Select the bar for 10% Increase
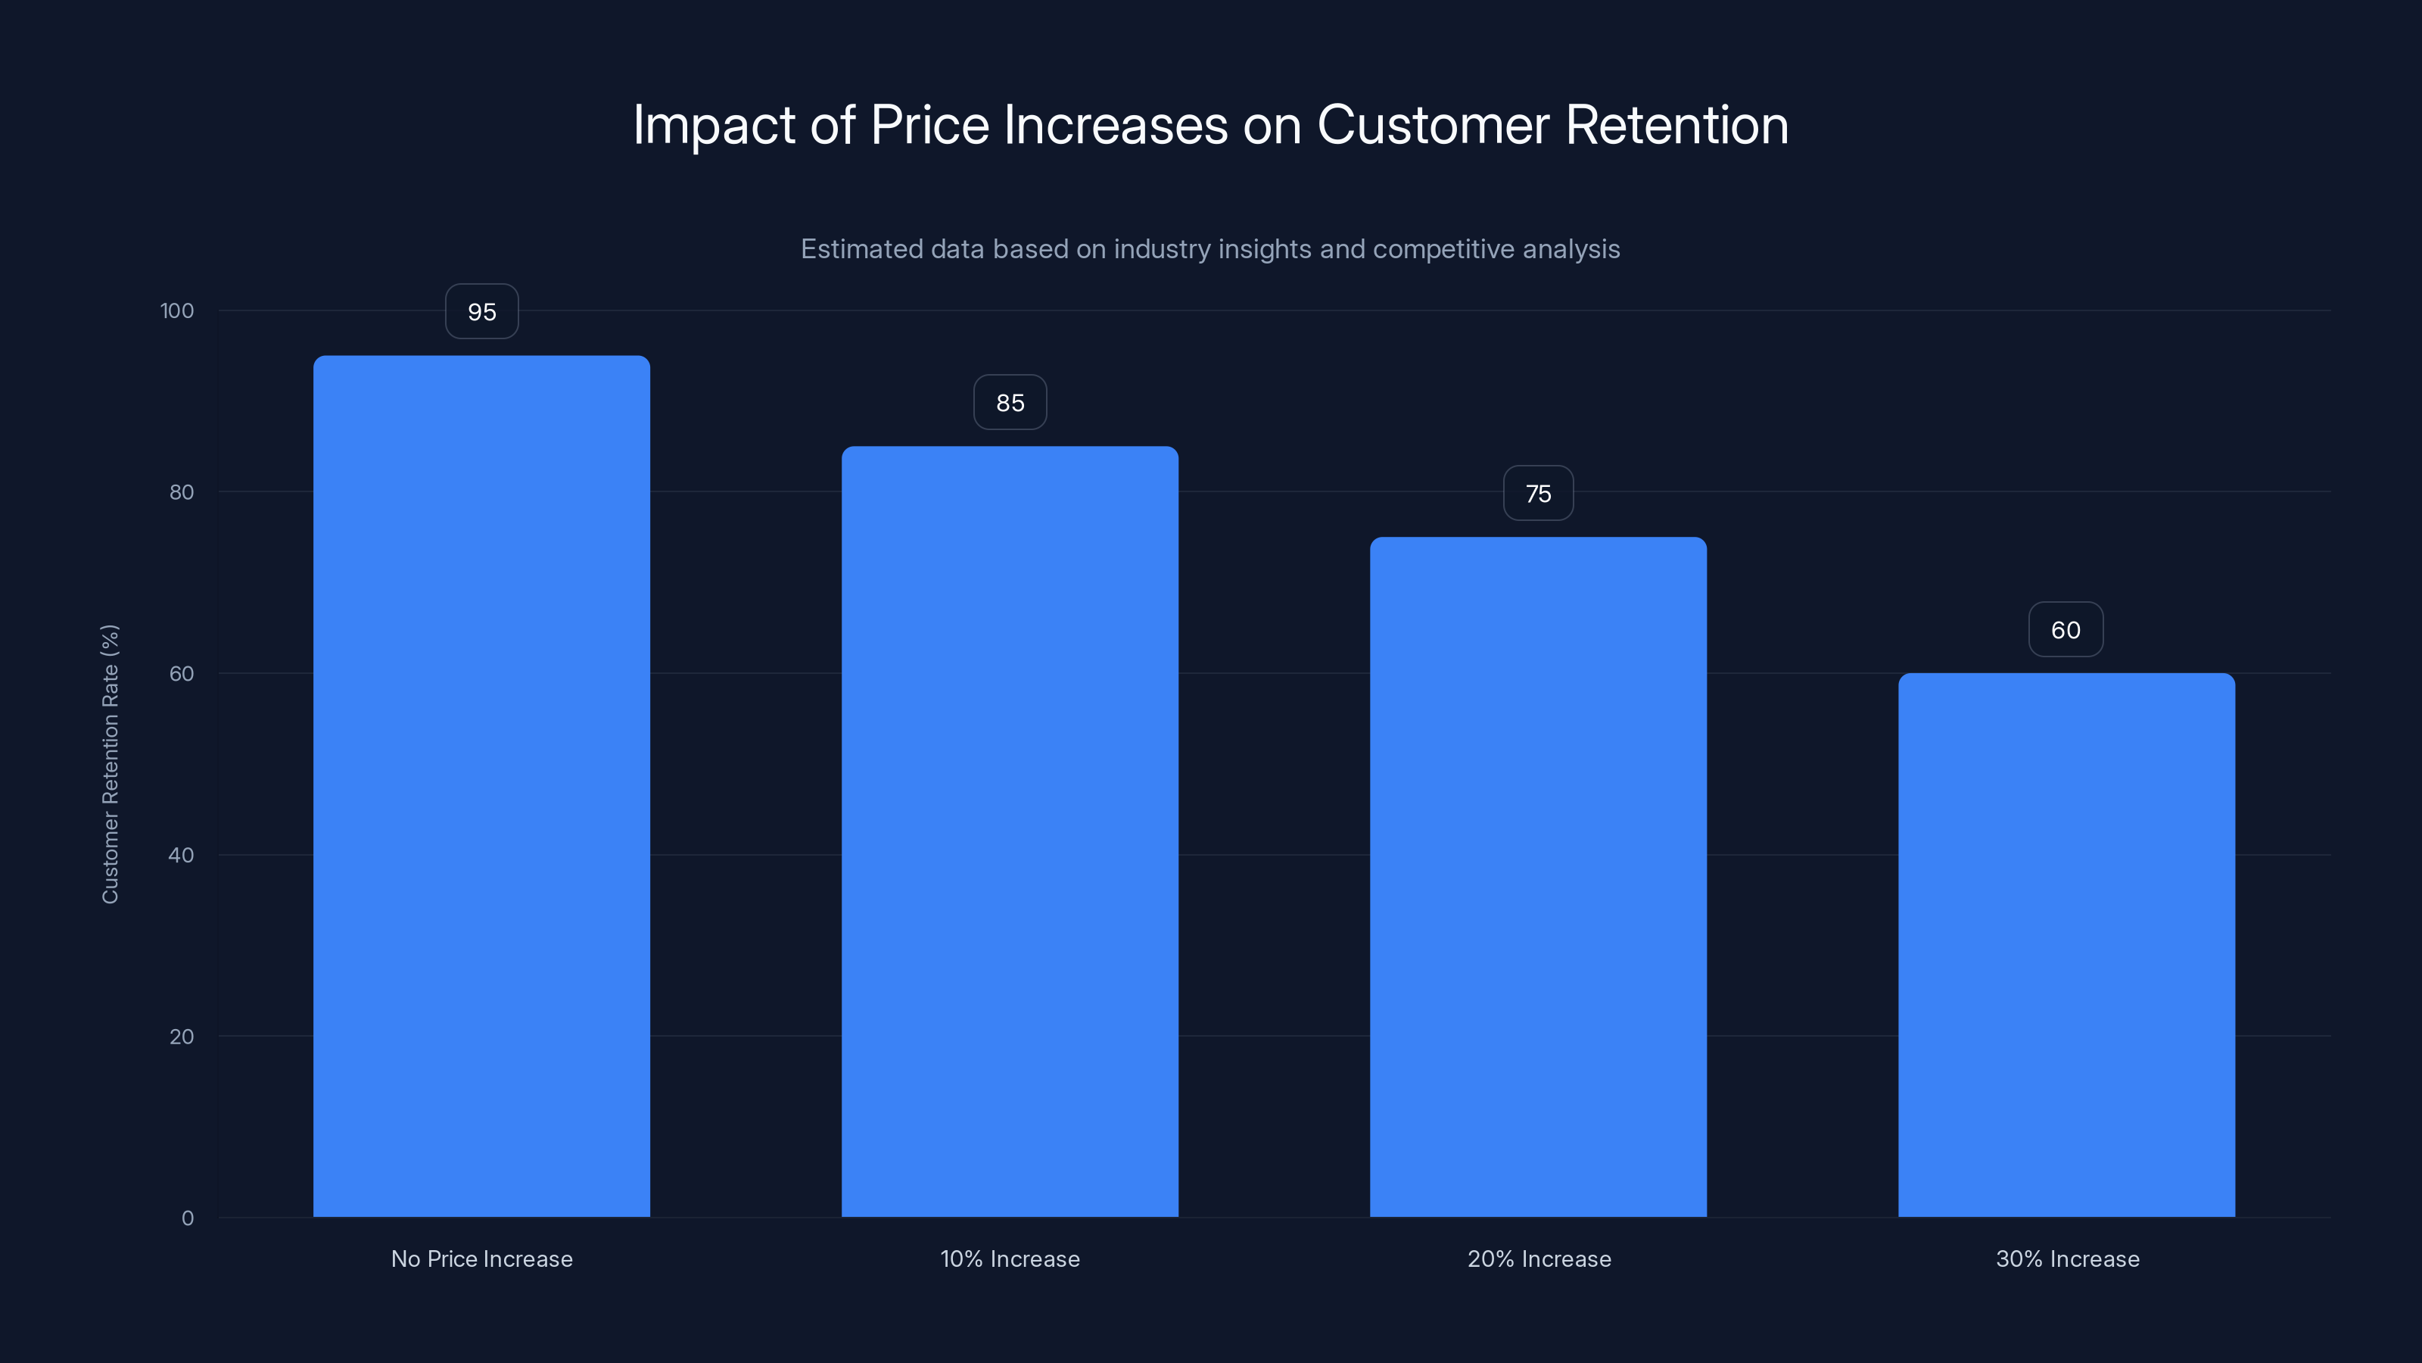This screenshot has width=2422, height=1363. pyautogui.click(x=1010, y=831)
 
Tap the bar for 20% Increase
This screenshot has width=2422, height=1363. pyautogui.click(x=1538, y=877)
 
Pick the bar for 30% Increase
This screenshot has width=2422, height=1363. pyautogui.click(x=2066, y=944)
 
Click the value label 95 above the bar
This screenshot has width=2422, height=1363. pyautogui.click(x=481, y=311)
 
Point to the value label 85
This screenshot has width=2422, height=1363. pyautogui.click(x=1010, y=403)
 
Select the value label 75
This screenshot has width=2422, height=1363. pyautogui.click(x=1538, y=494)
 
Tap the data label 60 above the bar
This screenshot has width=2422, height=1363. pyautogui.click(x=2066, y=630)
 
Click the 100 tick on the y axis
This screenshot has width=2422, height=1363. pyautogui.click(x=177, y=310)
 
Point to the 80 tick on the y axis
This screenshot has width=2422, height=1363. pyautogui.click(x=182, y=492)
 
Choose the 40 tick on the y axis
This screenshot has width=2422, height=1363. pyautogui.click(x=182, y=855)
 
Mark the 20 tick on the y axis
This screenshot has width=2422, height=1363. pyautogui.click(x=182, y=1037)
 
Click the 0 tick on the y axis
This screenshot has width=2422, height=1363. pyautogui.click(x=188, y=1218)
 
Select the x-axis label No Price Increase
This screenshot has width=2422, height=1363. pyautogui.click(x=481, y=1259)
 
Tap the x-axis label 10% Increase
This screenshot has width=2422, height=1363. pyautogui.click(x=1010, y=1259)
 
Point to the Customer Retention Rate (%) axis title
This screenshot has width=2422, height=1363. pyautogui.click(x=110, y=764)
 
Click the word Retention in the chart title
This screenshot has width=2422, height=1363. pyautogui.click(x=1676, y=125)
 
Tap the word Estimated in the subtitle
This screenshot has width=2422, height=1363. pyautogui.click(x=861, y=249)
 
